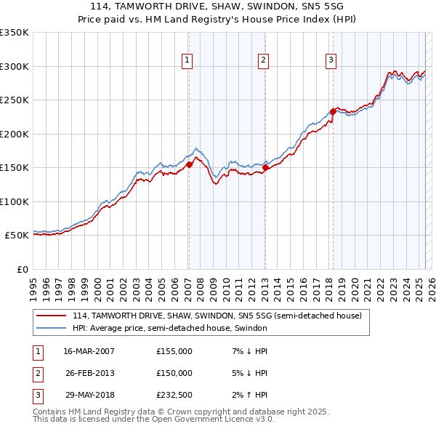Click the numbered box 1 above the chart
click(x=187, y=60)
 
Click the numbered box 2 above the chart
click(x=263, y=60)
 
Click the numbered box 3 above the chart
click(x=331, y=60)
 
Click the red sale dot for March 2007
click(x=189, y=164)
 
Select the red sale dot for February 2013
click(x=265, y=167)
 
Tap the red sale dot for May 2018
click(x=333, y=111)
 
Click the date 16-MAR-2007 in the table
click(x=89, y=351)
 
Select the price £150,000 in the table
click(x=174, y=373)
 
